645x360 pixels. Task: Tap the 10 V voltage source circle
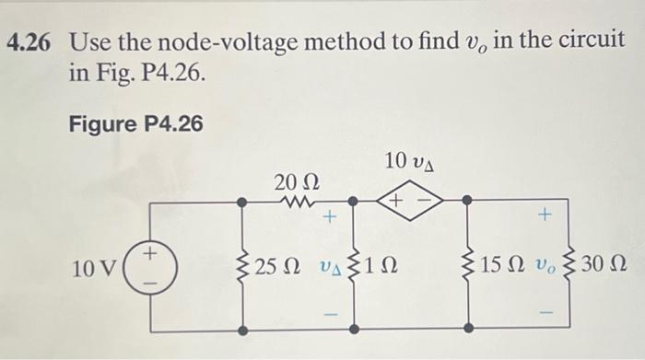148,266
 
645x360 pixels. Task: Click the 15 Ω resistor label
504,267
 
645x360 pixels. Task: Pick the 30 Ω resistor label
605,267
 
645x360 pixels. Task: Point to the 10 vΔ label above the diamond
410,161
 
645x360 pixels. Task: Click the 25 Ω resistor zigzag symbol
242,267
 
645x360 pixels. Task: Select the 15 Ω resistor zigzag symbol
468,267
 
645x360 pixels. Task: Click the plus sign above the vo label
544,216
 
